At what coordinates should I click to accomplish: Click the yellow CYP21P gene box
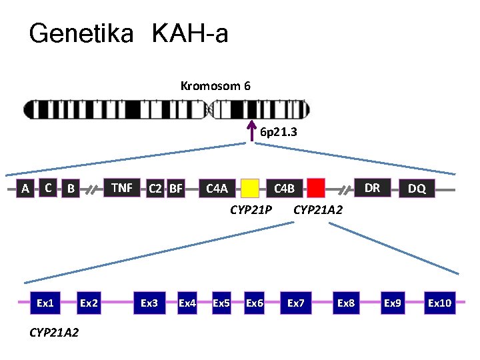pyautogui.click(x=250, y=189)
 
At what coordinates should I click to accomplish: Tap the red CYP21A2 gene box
pyautogui.click(x=316, y=189)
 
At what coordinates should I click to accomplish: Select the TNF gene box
pyautogui.click(x=121, y=188)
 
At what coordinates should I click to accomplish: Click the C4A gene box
pyautogui.click(x=217, y=189)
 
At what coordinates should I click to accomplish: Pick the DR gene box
pyautogui.click(x=372, y=188)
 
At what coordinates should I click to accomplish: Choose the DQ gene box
pyautogui.click(x=417, y=189)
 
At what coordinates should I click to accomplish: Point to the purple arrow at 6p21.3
pyautogui.click(x=252, y=129)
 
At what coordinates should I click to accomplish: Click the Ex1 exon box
pyautogui.click(x=45, y=303)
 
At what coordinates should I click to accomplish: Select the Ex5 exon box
pyautogui.click(x=221, y=303)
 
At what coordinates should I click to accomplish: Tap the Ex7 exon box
pyautogui.click(x=296, y=303)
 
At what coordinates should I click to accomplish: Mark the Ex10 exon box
pyautogui.click(x=440, y=303)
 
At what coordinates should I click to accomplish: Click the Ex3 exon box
pyautogui.click(x=149, y=303)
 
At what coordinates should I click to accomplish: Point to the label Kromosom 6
pyautogui.click(x=215, y=86)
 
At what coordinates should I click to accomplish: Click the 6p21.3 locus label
pyautogui.click(x=279, y=133)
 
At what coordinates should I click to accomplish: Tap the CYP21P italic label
pyautogui.click(x=250, y=211)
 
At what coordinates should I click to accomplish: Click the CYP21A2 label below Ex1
pyautogui.click(x=54, y=331)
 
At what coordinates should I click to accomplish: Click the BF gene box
pyautogui.click(x=175, y=189)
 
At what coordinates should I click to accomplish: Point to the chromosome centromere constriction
pyautogui.click(x=211, y=109)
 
